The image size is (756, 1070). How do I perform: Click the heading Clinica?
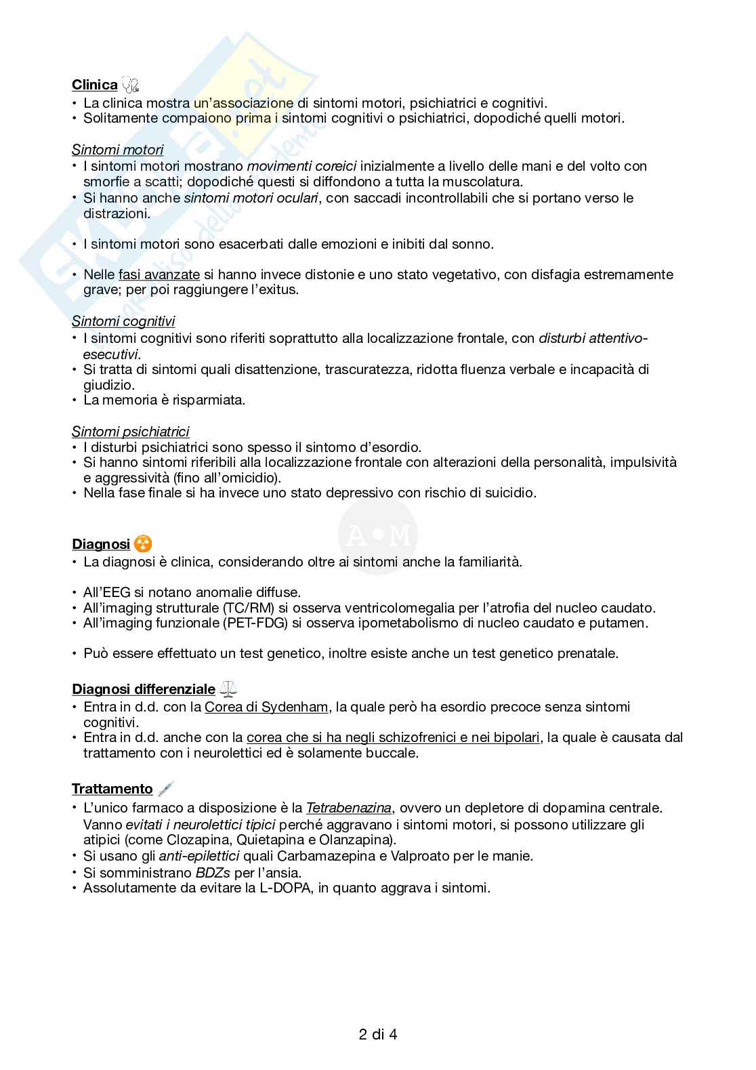[x=94, y=85]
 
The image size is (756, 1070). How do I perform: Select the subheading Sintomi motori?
[x=117, y=150]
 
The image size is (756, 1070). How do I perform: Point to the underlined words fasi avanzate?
[x=159, y=274]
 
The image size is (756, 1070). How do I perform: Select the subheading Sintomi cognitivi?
[x=123, y=322]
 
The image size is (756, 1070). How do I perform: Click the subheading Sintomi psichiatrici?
[x=130, y=432]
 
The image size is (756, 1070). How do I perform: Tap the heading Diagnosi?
[x=100, y=544]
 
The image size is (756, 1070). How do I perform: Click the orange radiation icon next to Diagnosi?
[x=143, y=544]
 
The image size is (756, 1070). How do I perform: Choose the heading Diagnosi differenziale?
[x=143, y=690]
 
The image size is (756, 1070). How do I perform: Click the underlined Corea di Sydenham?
[x=267, y=707]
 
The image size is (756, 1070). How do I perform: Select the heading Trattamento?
[x=112, y=789]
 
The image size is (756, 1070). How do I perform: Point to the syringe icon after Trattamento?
[x=165, y=789]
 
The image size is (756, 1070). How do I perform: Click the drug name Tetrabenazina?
[x=348, y=808]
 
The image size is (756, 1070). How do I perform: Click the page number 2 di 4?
[x=378, y=1035]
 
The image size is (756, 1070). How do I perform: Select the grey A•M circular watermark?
[x=377, y=537]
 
